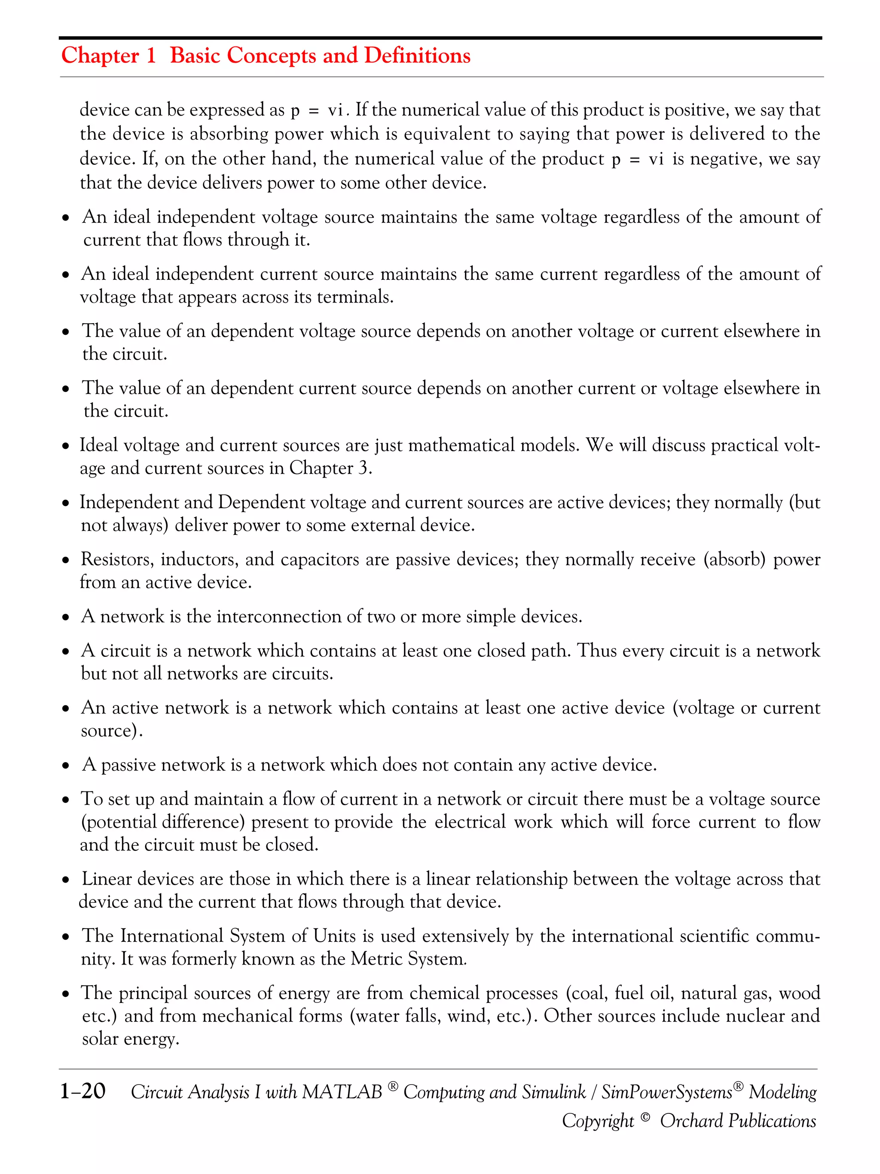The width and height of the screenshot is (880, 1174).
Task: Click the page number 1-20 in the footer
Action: (83, 1091)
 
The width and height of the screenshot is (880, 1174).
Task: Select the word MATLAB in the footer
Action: (342, 1092)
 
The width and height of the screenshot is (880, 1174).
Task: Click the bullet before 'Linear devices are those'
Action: (66, 880)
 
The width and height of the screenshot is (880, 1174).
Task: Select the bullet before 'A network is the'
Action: (66, 618)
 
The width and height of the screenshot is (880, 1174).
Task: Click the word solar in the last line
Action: (100, 1039)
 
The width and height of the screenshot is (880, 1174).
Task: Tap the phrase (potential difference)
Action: (163, 822)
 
